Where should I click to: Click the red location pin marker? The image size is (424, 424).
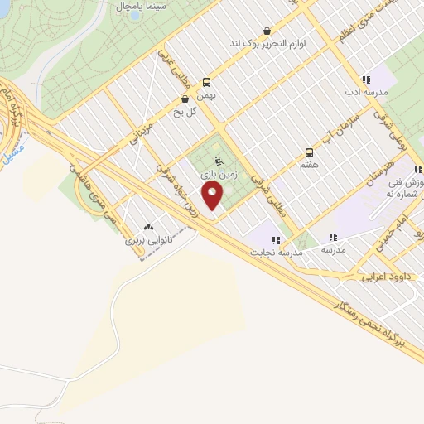213,196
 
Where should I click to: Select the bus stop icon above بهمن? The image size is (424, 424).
206,82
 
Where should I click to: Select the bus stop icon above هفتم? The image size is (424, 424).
309,152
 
